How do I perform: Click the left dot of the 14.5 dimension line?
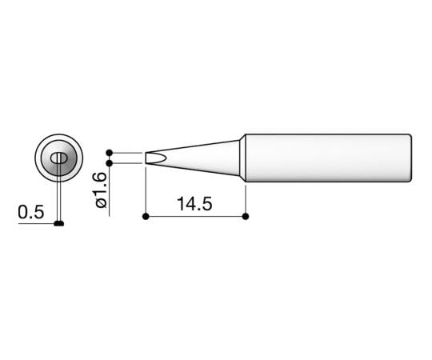tap(145, 216)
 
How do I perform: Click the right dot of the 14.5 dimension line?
tap(245, 216)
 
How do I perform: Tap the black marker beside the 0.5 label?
tap(59, 224)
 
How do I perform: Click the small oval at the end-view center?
tap(58, 158)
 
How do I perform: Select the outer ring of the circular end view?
tap(39, 158)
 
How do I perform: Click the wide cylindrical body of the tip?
tap(328, 157)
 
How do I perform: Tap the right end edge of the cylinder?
tap(412, 157)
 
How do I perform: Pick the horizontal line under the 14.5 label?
tap(194, 216)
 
